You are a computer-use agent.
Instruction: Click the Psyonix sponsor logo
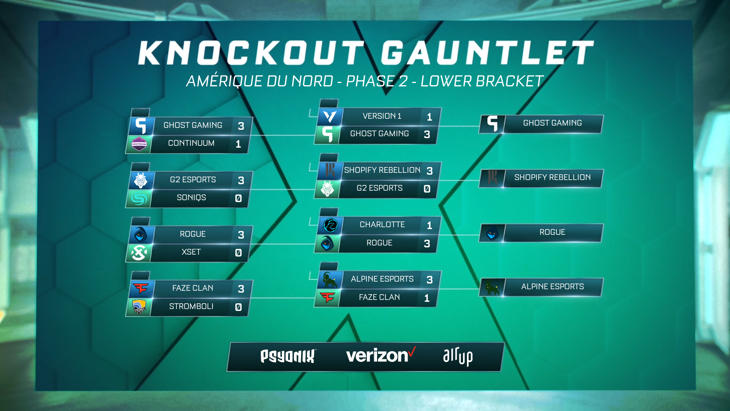[x=288, y=356]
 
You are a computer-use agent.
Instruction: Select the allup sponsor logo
[x=458, y=356]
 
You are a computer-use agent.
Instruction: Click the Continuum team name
[x=191, y=143]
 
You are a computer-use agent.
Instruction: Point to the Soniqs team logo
[x=139, y=198]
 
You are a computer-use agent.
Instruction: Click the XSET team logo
[x=139, y=253]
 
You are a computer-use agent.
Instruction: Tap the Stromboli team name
[x=191, y=306]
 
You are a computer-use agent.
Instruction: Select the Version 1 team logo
[x=330, y=116]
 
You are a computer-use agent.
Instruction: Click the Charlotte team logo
[x=330, y=225]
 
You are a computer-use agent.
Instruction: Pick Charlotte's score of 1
[x=429, y=225]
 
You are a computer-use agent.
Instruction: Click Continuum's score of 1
[x=238, y=144]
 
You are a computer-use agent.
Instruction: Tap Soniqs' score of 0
[x=238, y=198]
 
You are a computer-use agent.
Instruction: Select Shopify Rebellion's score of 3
[x=430, y=171]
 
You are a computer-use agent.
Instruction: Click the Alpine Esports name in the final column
[x=552, y=287]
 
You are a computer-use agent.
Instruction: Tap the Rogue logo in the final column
[x=492, y=233]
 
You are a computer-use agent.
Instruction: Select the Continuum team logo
[x=139, y=144]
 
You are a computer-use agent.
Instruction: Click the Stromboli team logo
[x=139, y=307]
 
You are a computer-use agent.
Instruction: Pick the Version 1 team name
[x=382, y=116]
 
